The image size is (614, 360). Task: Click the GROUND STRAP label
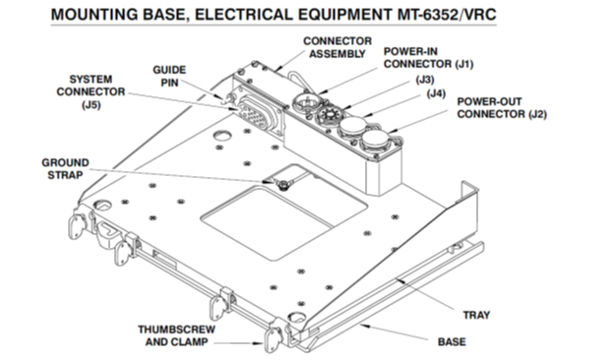pos(65,168)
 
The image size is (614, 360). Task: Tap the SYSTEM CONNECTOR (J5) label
pos(91,91)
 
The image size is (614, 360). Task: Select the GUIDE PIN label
pos(169,77)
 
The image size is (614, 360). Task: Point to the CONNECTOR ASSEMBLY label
pos(338,47)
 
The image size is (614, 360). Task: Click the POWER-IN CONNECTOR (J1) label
pos(428,57)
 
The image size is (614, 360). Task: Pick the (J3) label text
pos(425,80)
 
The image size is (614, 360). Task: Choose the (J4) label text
pos(436,93)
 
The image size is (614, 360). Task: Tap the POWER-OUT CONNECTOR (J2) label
pos(502,107)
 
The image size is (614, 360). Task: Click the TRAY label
pos(476,315)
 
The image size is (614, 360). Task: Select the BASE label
pos(452,342)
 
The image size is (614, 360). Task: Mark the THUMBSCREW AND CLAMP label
pos(176,335)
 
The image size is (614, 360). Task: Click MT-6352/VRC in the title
pos(447,15)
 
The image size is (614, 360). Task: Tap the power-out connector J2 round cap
pos(375,140)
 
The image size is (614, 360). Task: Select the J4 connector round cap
pos(352,127)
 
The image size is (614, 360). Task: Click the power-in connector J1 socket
pos(305,102)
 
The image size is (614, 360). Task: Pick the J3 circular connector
pos(328,116)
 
